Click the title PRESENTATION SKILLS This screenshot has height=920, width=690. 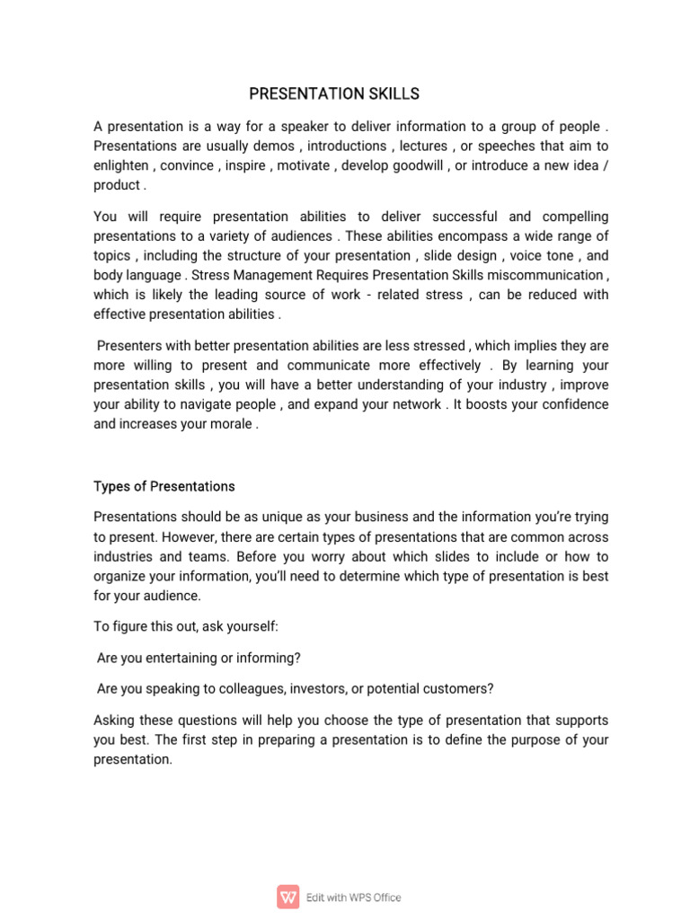[333, 93]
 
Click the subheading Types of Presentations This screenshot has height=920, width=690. [164, 486]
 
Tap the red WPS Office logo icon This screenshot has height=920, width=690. [288, 897]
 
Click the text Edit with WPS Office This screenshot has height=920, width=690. [354, 897]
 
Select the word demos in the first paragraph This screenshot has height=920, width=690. [273, 146]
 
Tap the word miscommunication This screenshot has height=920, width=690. [546, 275]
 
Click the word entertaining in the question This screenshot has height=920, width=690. [182, 658]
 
